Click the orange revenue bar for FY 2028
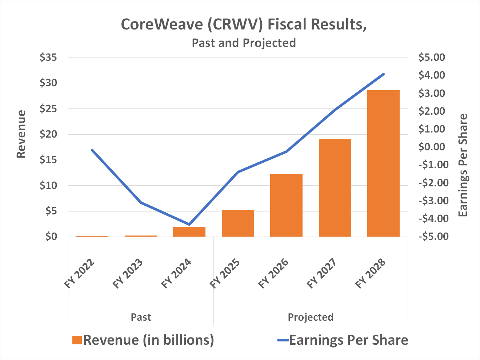pos(383,163)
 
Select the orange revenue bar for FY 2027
pos(335,187)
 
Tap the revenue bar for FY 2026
pos(286,205)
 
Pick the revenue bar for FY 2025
pos(238,223)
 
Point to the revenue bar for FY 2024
pos(189,232)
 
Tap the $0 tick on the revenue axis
pos(51,237)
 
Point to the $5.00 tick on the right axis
pos(432,58)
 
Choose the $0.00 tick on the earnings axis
pos(432,147)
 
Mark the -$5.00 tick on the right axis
pos(432,237)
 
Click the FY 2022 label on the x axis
pos(80,274)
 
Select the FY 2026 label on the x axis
pos(274,274)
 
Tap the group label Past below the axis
pos(141,317)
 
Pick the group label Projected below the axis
pos(311,317)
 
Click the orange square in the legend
pos(77,340)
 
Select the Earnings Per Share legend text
pos(348,340)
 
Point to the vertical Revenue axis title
pos(21,134)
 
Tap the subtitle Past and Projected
pos(244,43)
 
